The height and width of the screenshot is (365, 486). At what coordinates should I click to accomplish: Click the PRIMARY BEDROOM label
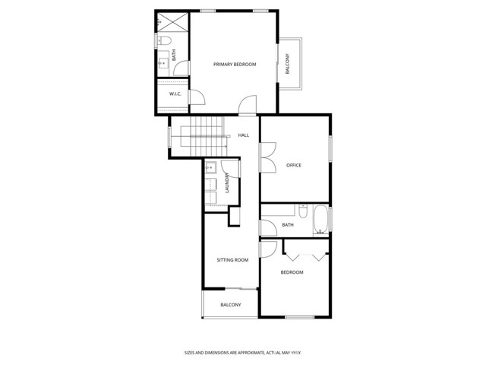(234, 65)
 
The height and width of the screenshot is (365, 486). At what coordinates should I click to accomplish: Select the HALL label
(243, 135)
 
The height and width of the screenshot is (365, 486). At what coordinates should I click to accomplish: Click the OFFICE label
(294, 165)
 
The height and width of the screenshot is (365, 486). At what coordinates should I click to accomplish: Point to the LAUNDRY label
(227, 185)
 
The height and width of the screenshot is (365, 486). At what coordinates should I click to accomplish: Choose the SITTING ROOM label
(232, 260)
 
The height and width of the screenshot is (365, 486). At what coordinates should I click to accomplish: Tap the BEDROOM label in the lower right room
(292, 272)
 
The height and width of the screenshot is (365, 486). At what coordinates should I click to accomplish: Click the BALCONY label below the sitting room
(230, 305)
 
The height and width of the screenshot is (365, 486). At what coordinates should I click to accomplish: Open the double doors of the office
(267, 157)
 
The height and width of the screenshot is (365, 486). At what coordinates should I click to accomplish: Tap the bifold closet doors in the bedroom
(305, 248)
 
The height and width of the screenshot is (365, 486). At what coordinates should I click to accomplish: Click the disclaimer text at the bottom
(243, 352)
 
